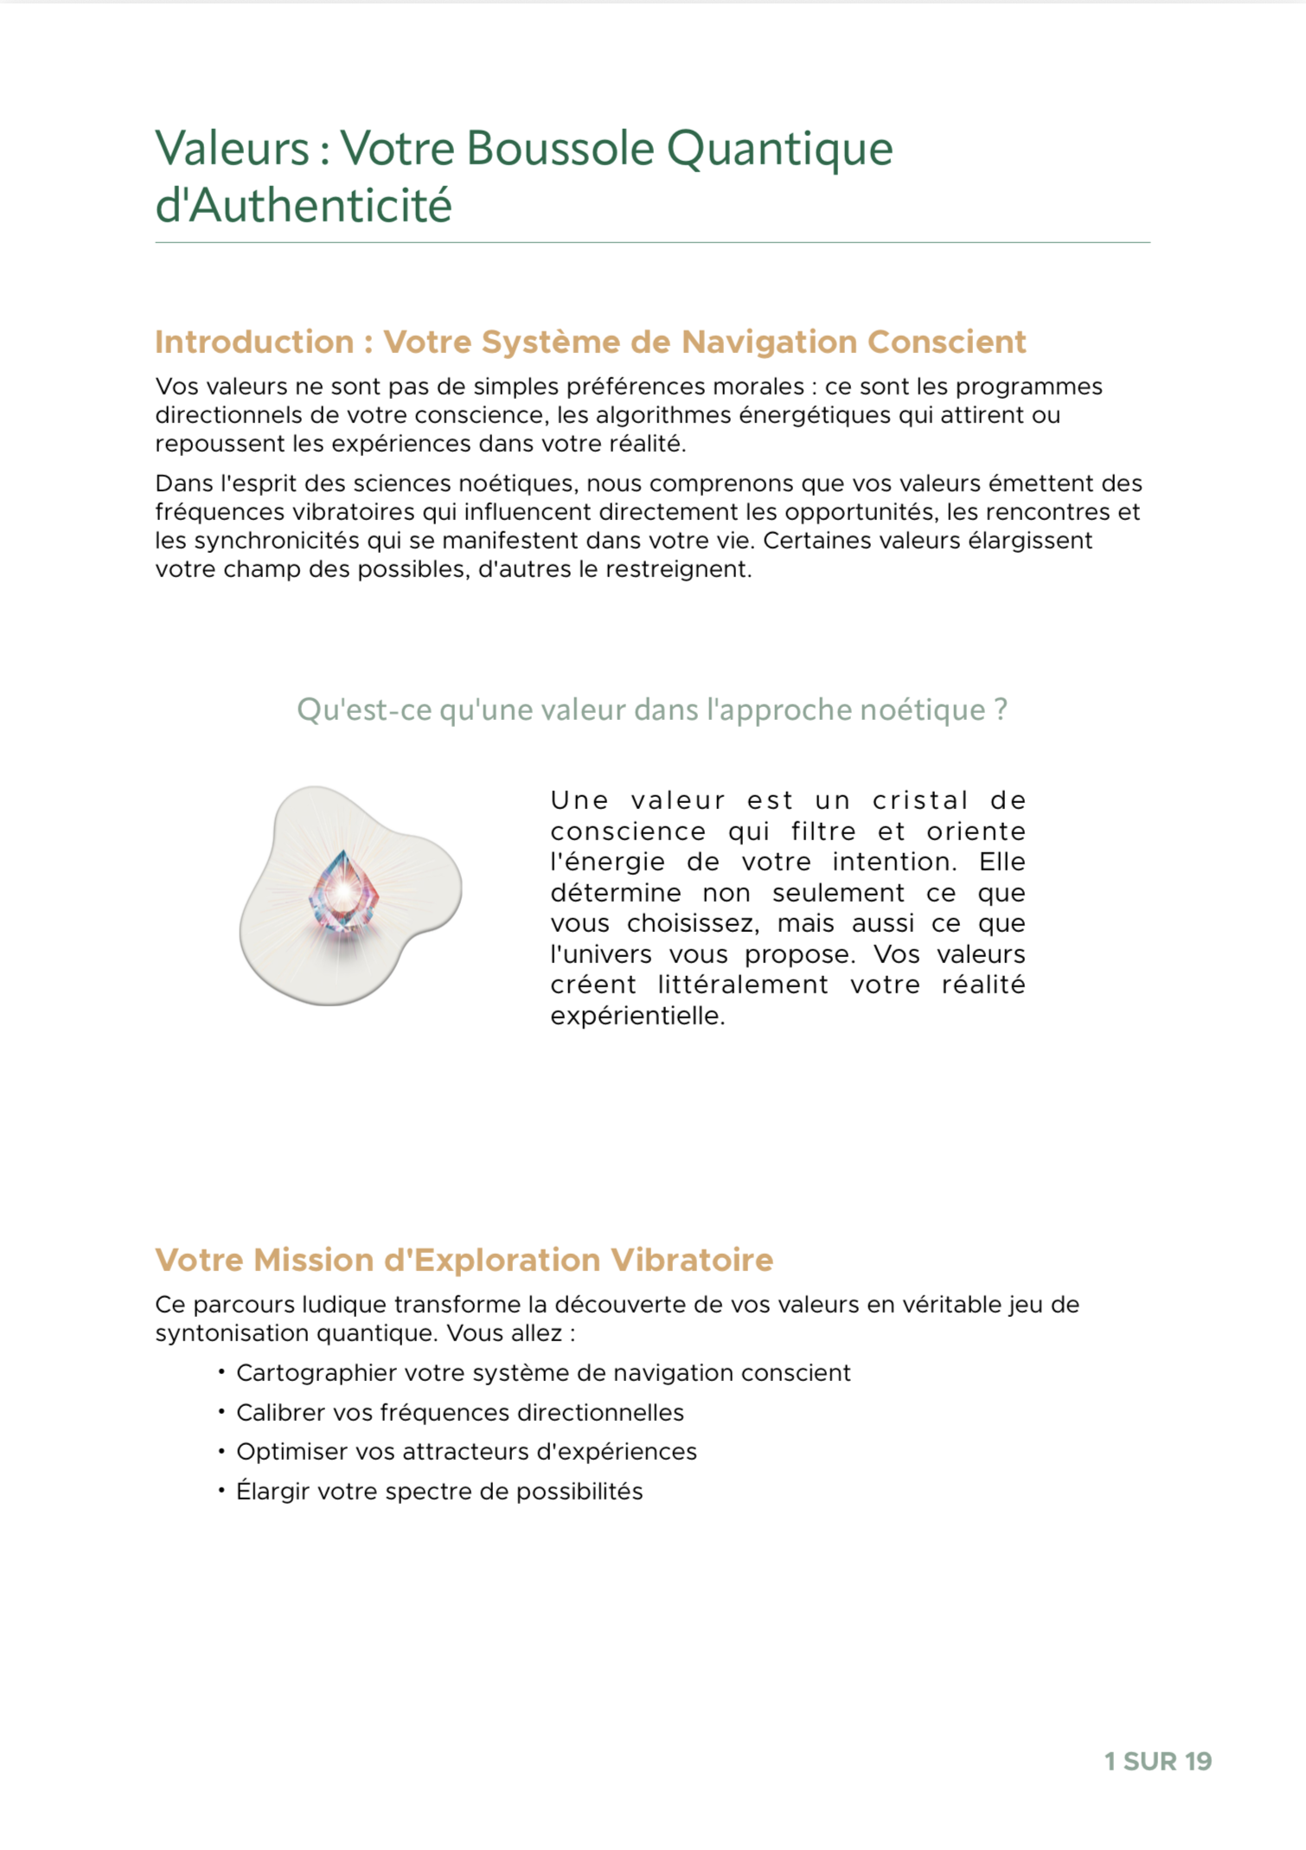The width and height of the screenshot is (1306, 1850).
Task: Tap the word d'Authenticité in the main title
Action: tap(304, 206)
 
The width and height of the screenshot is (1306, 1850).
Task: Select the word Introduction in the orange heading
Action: tap(254, 342)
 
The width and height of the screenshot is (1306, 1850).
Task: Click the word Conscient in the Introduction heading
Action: tap(946, 342)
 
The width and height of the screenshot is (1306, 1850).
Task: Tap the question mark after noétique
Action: tap(1000, 710)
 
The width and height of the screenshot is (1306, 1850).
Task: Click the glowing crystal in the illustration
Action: tap(343, 892)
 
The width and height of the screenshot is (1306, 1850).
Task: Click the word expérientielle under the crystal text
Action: tap(637, 1016)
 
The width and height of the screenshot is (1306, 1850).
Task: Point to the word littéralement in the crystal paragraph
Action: tap(742, 985)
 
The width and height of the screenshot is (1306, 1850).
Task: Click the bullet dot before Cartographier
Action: tap(221, 1372)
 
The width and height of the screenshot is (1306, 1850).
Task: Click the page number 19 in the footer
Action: tap(1198, 1761)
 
